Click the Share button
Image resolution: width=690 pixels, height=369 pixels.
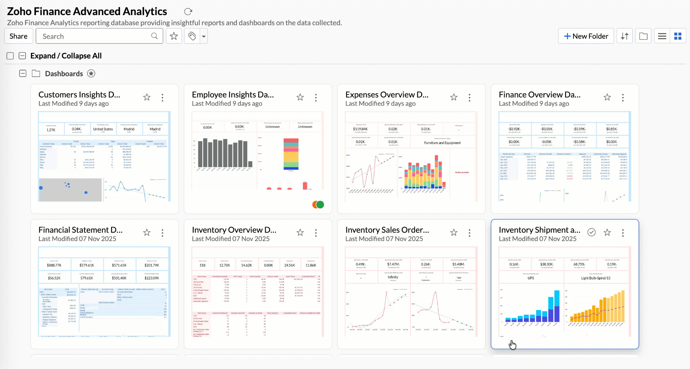18,36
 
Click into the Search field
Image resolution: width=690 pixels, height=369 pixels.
95,36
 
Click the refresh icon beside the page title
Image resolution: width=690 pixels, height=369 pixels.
188,12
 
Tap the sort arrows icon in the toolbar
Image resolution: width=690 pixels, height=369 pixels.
625,36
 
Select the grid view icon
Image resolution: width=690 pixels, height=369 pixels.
678,36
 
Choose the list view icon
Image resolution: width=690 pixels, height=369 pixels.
662,36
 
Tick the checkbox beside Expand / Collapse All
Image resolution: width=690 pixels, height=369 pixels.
10,56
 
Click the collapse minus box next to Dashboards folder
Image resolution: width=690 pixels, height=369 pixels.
23,73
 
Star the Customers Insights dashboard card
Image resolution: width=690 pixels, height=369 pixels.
147,97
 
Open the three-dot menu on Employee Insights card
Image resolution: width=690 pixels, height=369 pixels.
316,97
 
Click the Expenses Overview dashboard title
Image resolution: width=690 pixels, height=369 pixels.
387,95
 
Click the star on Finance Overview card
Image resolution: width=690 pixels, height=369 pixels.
607,97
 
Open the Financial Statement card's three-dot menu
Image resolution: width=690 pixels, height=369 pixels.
162,233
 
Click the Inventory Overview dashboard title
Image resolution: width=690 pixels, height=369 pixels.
234,230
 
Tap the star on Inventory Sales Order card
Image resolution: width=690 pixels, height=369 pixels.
454,233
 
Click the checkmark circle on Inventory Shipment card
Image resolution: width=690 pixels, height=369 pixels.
592,232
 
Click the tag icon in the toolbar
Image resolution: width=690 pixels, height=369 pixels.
192,36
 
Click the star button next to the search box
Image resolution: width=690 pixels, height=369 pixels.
174,36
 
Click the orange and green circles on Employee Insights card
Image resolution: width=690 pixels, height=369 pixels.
318,205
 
